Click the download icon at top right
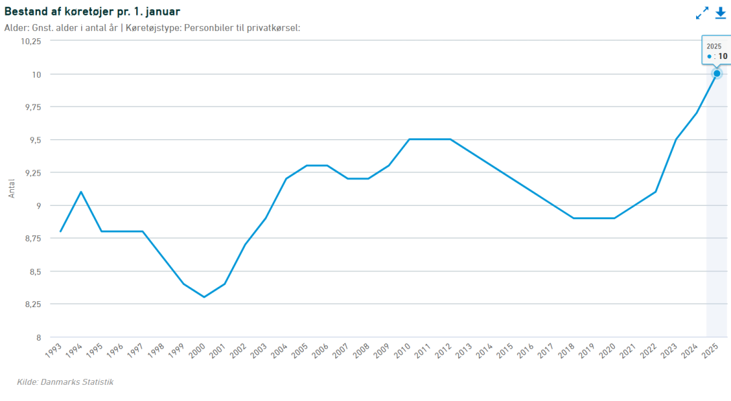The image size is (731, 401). [720, 13]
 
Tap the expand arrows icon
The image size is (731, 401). [702, 13]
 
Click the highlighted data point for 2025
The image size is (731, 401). [717, 73]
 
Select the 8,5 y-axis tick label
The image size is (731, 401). [34, 272]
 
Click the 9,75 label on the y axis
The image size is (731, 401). [32, 107]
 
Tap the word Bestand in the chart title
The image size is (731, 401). [25, 11]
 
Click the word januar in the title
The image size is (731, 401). [161, 11]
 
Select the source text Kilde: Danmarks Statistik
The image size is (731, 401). [65, 382]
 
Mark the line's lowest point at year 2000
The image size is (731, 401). [204, 297]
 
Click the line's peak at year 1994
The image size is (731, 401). [81, 192]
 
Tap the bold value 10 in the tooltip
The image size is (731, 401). [723, 56]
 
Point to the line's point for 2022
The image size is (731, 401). [655, 192]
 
